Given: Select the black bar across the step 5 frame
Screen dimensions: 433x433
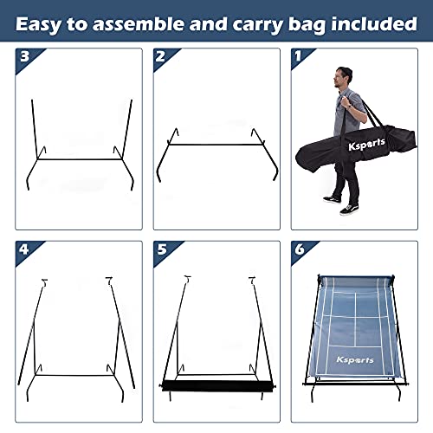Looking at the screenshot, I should [x=210, y=385].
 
